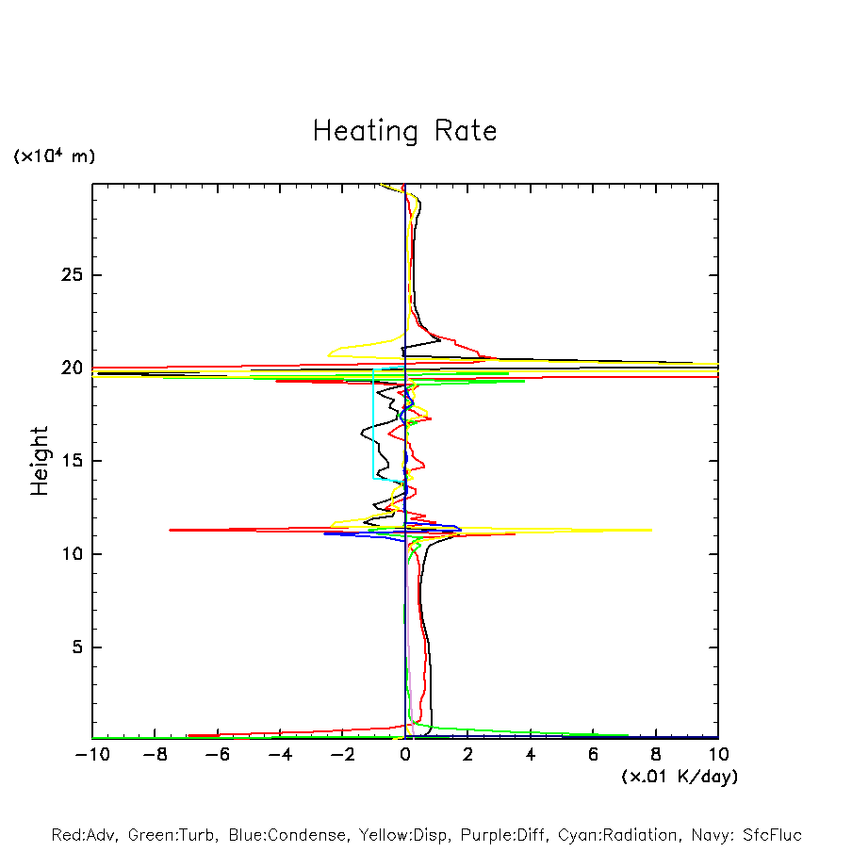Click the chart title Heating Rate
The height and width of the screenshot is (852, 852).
[404, 131]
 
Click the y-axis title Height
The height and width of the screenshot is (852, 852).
[40, 461]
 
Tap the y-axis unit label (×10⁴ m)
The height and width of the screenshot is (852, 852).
[54, 156]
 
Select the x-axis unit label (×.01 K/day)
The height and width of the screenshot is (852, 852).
[679, 777]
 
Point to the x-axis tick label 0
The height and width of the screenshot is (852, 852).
[405, 755]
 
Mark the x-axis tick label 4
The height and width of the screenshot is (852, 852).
[531, 755]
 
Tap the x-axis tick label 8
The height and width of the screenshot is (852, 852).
[656, 755]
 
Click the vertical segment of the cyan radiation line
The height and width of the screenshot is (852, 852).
[374, 424]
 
